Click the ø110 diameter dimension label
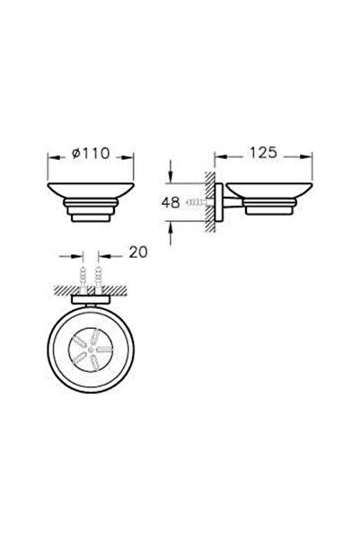point(90,154)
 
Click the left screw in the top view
point(82,276)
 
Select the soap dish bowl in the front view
point(90,191)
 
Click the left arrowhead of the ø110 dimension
point(50,164)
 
